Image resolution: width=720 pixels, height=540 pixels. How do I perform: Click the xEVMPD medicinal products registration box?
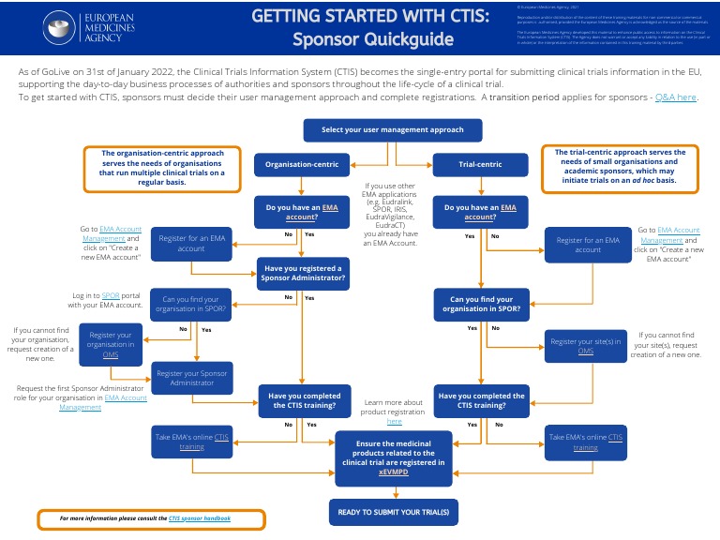click(x=392, y=459)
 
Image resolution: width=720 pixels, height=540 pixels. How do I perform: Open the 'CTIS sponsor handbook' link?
click(x=200, y=517)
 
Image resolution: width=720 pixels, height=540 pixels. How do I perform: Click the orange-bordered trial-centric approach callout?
click(x=620, y=168)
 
